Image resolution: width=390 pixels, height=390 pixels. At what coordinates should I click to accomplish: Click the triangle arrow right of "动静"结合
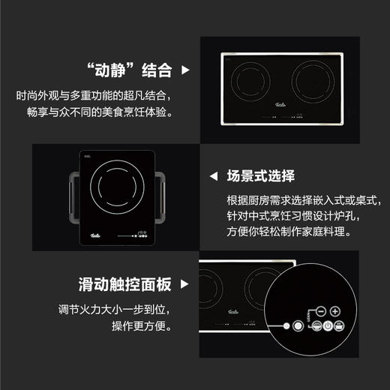pyautogui.click(x=185, y=72)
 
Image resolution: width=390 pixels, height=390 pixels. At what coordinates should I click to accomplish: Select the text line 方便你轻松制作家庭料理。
pyautogui.click(x=288, y=232)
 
